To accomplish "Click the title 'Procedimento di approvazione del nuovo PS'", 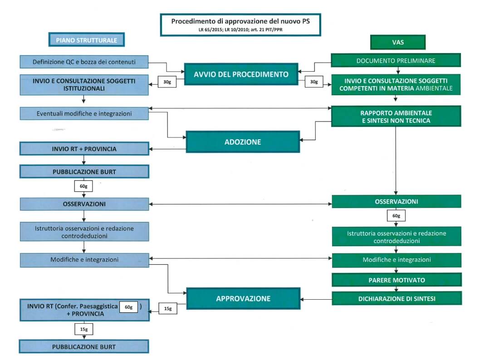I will click(240, 21).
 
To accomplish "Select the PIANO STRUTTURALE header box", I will click(87, 40).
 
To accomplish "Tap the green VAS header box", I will click(397, 42).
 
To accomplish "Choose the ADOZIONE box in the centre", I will click(243, 142).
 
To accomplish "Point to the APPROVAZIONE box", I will click(243, 298).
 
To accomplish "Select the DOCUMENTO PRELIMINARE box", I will click(396, 60).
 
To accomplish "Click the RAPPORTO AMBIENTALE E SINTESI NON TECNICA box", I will click(396, 116).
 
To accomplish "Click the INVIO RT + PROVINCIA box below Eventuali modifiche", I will click(84, 149).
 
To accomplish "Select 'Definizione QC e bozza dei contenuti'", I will click(84, 62).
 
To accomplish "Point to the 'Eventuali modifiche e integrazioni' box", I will click(84, 113).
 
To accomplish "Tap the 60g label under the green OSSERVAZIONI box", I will click(396, 215).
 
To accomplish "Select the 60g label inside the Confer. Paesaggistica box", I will click(128, 307).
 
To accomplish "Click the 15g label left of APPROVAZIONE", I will click(167, 309).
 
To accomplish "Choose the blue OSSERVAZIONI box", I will click(84, 204).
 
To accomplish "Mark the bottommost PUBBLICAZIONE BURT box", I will click(84, 347).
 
